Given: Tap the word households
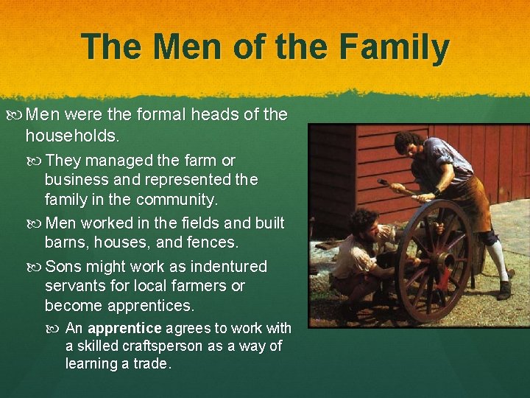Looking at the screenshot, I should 71,136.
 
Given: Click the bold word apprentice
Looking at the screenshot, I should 125,328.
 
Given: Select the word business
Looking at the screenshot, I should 74,179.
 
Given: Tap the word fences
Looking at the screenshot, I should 216,242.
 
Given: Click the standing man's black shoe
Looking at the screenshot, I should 504,290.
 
